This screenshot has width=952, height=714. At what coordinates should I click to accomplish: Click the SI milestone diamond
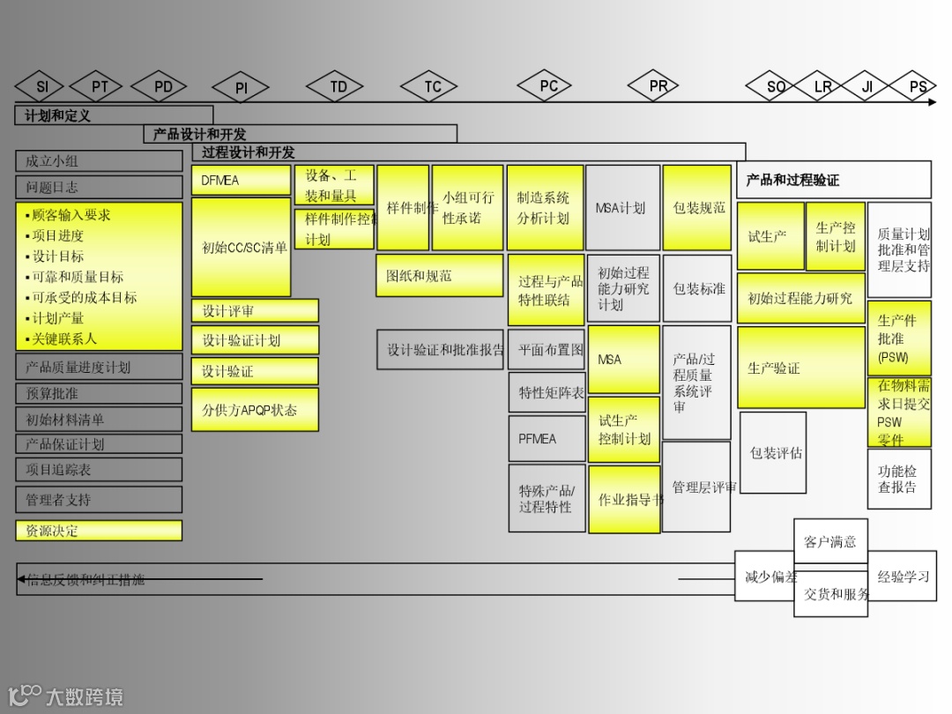(42, 86)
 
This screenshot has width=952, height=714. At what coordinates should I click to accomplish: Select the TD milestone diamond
(338, 86)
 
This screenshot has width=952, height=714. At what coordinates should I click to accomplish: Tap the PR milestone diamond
(658, 86)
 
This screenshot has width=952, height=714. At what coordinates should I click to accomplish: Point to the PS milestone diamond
(918, 86)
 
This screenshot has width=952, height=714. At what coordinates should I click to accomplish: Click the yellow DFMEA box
(241, 181)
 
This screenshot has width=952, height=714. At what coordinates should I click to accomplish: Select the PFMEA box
(547, 438)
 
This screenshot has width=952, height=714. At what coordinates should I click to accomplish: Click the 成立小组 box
(99, 161)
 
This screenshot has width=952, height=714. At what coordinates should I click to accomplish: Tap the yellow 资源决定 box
(99, 531)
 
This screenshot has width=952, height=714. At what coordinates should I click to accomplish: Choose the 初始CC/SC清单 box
(242, 248)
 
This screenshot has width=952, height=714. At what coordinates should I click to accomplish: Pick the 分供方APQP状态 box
(255, 410)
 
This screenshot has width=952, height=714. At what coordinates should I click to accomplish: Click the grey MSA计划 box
(622, 208)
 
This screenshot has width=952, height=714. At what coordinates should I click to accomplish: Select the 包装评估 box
(773, 453)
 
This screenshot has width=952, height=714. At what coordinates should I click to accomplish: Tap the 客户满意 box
(830, 541)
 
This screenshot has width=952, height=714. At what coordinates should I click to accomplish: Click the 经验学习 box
(903, 576)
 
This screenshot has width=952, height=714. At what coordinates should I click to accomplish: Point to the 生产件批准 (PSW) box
(899, 338)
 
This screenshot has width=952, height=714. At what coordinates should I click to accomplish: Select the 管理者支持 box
(99, 500)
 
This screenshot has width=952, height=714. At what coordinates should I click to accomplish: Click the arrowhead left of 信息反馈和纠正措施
(21, 579)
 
